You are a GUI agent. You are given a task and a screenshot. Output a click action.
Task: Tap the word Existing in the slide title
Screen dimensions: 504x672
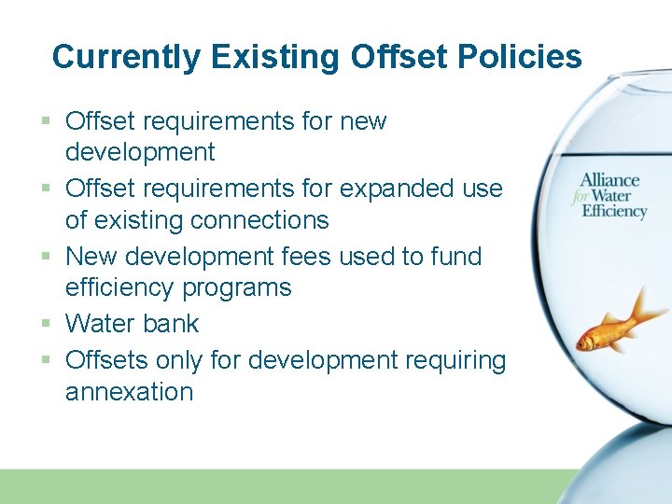click(276, 57)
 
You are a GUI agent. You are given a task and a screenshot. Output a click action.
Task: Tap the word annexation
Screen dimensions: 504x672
click(129, 392)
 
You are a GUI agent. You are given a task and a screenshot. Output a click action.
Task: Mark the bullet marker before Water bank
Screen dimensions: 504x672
click(47, 325)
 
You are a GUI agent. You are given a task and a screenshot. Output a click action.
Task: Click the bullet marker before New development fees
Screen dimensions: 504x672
click(47, 257)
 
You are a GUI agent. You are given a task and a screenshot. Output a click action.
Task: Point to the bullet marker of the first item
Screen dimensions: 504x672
click(47, 121)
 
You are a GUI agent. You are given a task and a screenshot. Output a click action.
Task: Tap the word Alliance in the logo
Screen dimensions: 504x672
click(609, 180)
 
